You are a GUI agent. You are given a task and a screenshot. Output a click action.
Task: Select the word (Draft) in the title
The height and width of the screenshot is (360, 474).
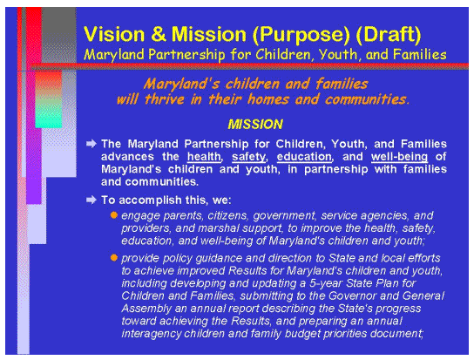(x=383, y=35)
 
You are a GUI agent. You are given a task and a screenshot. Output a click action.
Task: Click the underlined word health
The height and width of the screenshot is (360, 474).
(x=203, y=155)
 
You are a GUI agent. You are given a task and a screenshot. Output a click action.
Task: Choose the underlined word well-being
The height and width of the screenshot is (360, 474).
(x=402, y=155)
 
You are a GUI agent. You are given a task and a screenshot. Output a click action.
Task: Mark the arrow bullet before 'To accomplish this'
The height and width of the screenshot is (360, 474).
(x=91, y=200)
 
